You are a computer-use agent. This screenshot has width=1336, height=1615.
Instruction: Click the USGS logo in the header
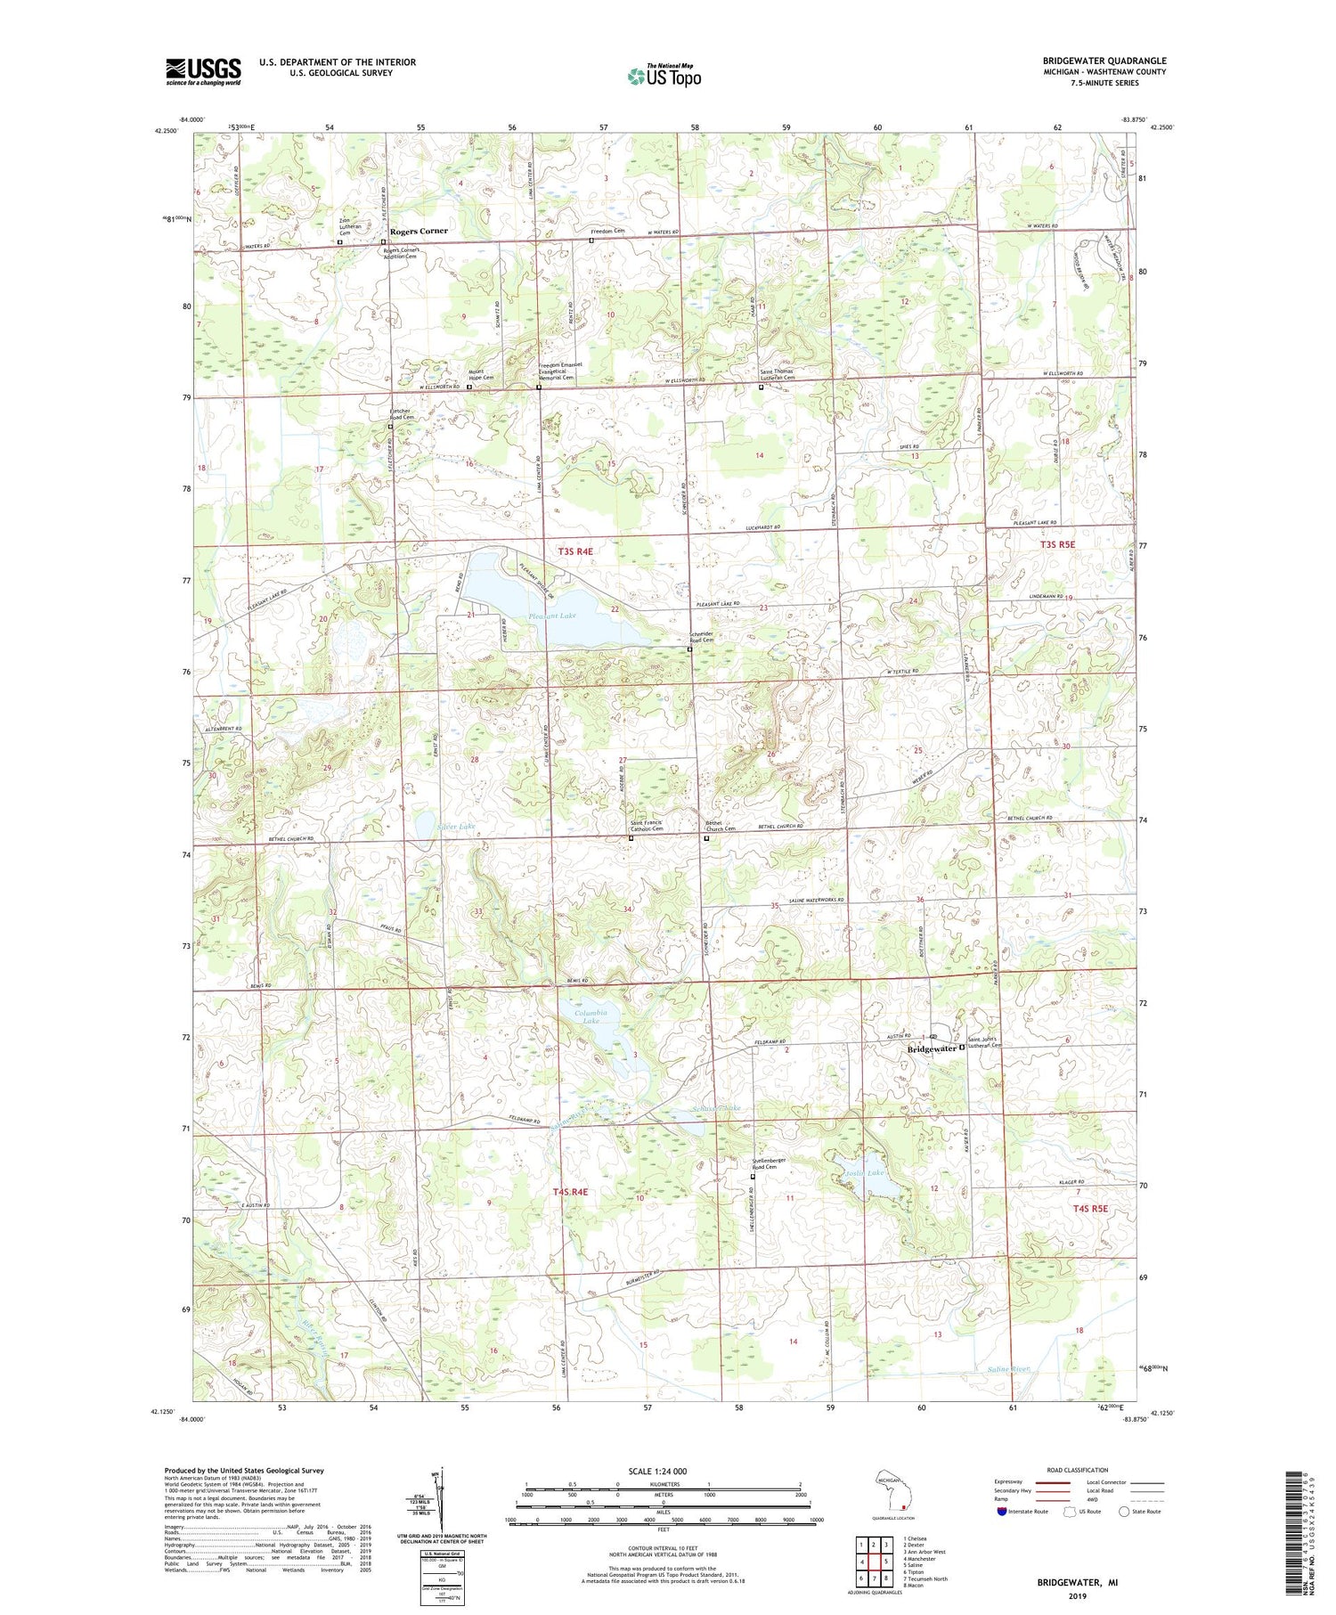click(203, 71)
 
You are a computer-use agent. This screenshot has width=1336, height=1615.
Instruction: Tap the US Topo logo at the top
click(664, 76)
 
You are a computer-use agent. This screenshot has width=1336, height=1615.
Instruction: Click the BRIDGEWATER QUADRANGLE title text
click(1104, 61)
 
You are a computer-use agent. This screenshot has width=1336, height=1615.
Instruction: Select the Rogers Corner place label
click(419, 231)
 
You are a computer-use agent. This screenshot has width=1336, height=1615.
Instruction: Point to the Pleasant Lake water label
click(551, 616)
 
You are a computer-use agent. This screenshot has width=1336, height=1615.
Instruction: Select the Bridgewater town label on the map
click(931, 1048)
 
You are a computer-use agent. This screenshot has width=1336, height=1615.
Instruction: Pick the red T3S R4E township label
click(575, 551)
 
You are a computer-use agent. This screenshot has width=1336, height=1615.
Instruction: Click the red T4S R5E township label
click(1089, 1208)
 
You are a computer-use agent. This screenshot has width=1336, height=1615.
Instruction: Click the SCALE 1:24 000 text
click(657, 1471)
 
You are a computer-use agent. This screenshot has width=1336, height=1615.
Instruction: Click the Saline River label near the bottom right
click(1007, 1368)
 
